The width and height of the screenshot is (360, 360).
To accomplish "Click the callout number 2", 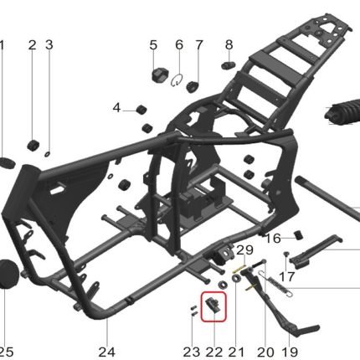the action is coord(33,45).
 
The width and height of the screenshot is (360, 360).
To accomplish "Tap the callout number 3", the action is coord(49,45).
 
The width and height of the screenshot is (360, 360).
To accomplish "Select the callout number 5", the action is coord(153,45).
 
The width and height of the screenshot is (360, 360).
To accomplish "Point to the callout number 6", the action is coord(179,45).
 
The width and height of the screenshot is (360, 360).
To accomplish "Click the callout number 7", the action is coord(198,45).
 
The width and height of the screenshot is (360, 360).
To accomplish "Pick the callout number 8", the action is coord(229,44).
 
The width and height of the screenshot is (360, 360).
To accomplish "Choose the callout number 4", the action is coord(116,108).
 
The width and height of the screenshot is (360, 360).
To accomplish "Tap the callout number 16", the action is coord(272,239).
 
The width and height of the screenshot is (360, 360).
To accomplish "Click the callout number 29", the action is coord(244,250).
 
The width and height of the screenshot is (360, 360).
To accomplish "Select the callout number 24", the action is coord(106,352).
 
